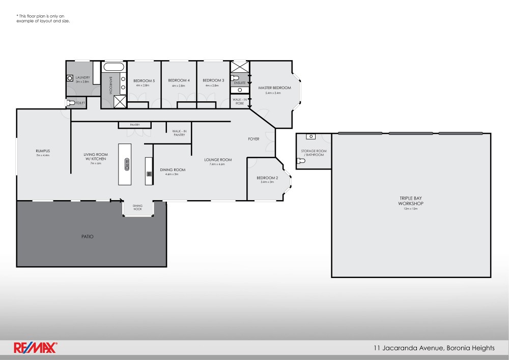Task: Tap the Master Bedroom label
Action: [x=278, y=88]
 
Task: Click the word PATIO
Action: [x=87, y=236]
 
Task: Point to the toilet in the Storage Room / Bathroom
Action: [x=301, y=161]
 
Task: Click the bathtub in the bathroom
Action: [x=113, y=67]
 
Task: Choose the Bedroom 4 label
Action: [x=179, y=80]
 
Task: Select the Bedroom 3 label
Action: [x=213, y=80]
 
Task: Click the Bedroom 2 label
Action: [x=267, y=178]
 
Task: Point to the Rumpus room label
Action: [x=42, y=151]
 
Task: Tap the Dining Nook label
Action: [x=138, y=207]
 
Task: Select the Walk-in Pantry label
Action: [x=179, y=133]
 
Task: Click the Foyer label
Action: [x=253, y=139]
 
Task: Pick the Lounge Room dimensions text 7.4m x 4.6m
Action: [x=218, y=164]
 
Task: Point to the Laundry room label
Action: [x=82, y=77]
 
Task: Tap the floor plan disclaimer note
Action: [x=43, y=19]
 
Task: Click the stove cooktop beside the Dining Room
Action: [x=149, y=174]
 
